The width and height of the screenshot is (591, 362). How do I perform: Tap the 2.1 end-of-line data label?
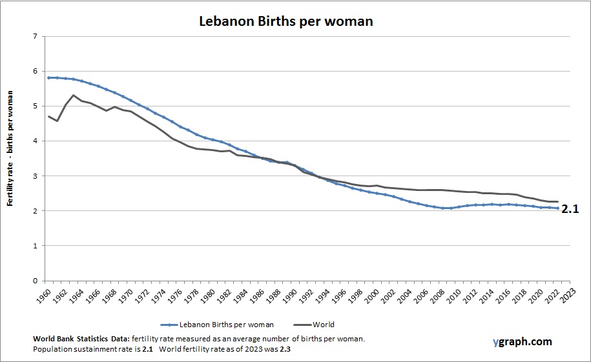570,208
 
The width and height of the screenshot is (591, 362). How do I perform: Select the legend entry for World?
316,325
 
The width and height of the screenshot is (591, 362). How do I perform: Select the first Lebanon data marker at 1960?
49,77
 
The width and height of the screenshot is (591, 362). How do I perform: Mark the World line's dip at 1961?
57,121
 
